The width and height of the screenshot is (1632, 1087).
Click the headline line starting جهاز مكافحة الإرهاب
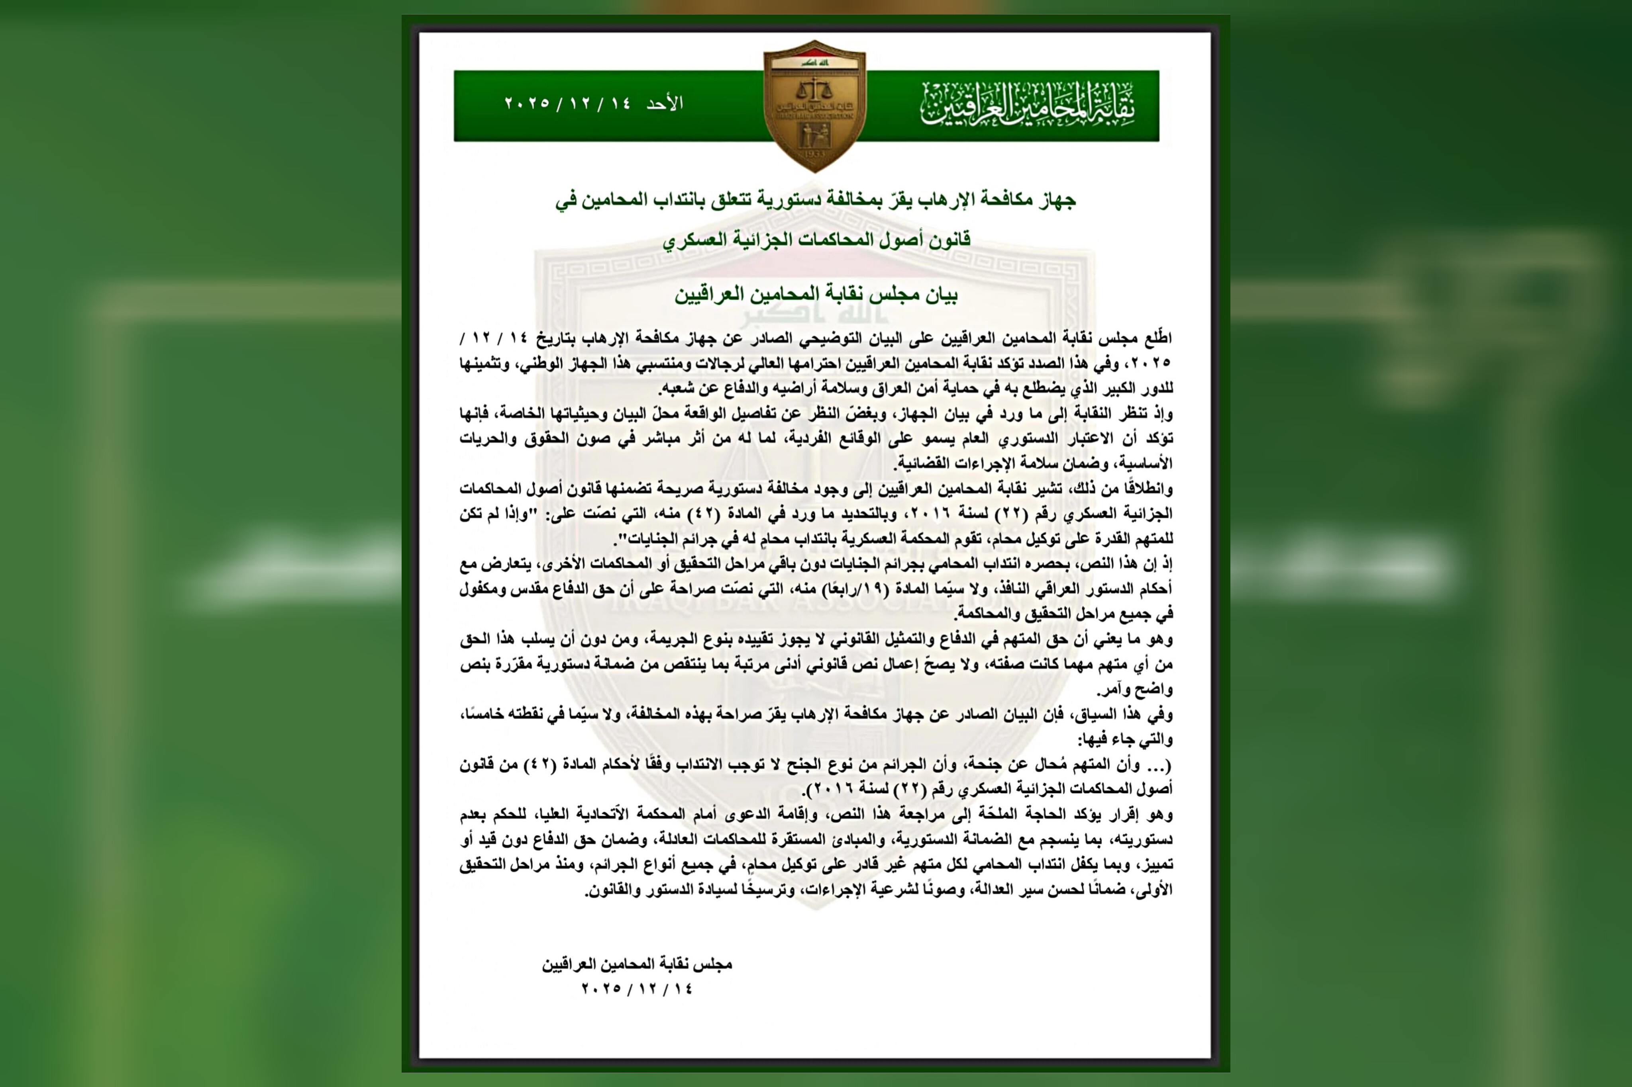pos(816,200)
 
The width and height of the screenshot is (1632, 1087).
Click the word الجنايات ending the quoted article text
pos(643,539)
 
